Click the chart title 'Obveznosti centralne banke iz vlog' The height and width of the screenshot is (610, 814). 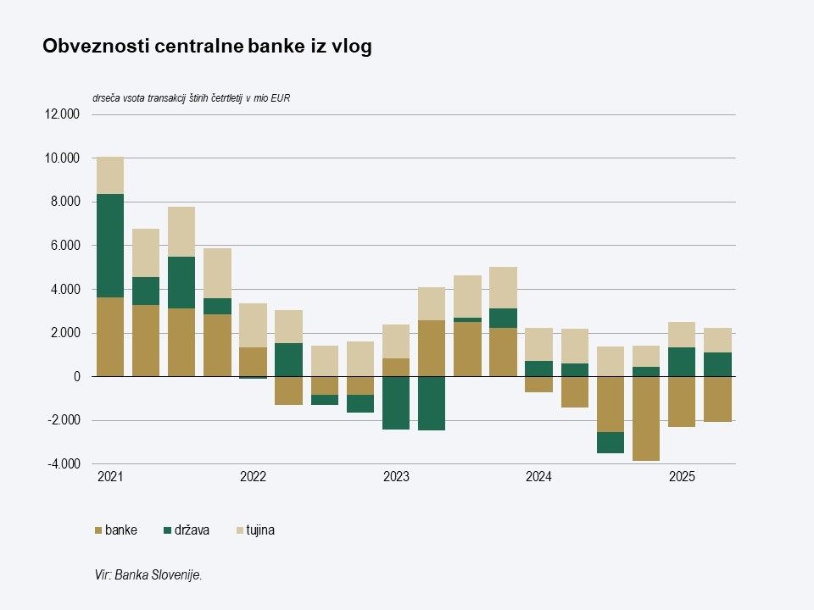(x=207, y=47)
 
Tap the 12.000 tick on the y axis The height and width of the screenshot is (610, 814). (x=62, y=114)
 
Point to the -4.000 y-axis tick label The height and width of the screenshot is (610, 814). (x=62, y=464)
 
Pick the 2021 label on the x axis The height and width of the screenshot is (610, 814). (x=110, y=478)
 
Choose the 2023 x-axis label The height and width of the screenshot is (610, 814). (x=396, y=478)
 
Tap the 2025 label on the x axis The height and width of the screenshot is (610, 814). (x=682, y=478)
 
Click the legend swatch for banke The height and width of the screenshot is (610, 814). (x=98, y=531)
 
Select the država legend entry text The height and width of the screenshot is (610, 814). (x=192, y=531)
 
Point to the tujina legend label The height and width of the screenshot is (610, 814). (x=260, y=531)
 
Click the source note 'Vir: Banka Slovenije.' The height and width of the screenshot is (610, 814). (x=148, y=575)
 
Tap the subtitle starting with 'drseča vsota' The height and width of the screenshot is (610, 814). (x=192, y=98)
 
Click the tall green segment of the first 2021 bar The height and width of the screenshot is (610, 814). (x=110, y=246)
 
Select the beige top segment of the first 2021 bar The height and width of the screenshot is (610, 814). (x=110, y=175)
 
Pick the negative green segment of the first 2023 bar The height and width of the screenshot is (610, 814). (x=396, y=402)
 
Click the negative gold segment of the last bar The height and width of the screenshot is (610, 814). (x=717, y=398)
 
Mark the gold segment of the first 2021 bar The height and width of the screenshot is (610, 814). (x=110, y=336)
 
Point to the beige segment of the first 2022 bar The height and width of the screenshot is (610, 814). (x=253, y=325)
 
